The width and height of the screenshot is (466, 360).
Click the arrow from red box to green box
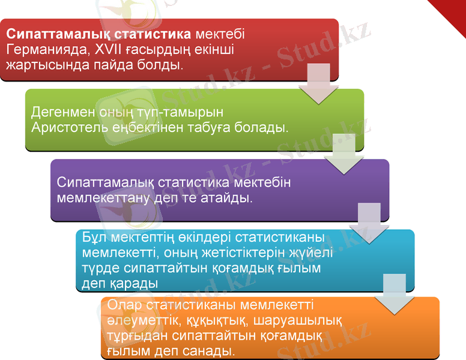318,84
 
